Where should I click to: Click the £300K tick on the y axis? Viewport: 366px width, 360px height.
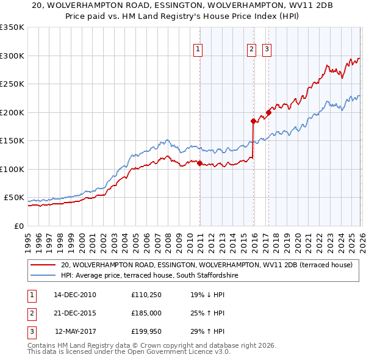point(12,56)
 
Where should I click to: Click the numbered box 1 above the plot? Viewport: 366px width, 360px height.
point(199,51)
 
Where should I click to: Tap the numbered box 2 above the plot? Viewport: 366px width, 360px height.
point(251,51)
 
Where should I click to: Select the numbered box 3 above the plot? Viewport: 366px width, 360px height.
point(267,51)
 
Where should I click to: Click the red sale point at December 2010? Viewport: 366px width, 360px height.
point(199,163)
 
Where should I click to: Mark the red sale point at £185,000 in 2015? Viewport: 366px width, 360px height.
point(253,121)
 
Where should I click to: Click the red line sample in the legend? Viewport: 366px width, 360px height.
point(43,265)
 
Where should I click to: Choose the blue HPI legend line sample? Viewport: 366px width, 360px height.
point(43,276)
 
